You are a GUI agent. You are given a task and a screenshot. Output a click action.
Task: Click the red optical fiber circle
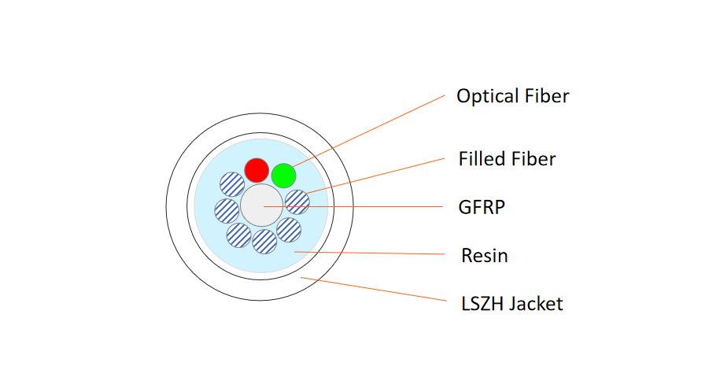tap(256, 169)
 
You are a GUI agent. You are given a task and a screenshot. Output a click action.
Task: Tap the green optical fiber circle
tap(283, 174)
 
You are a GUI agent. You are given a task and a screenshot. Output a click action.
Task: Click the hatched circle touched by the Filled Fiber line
tap(297, 202)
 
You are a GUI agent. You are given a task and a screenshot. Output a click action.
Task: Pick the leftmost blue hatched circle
tap(227, 210)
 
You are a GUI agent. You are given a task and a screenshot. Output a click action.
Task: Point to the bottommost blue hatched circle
tap(264, 242)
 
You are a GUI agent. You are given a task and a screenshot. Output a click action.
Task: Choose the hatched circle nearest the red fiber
tap(232, 184)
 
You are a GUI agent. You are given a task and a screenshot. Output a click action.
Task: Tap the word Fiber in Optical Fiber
tap(546, 97)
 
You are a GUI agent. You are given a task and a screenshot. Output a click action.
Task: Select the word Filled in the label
tap(482, 159)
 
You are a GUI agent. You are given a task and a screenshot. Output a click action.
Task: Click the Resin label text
tap(485, 256)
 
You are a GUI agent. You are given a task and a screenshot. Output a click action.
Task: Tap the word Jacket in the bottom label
tap(537, 303)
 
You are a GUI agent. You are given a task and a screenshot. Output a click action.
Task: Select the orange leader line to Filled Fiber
tap(378, 174)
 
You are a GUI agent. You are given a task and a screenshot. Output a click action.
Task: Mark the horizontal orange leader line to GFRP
tap(362, 206)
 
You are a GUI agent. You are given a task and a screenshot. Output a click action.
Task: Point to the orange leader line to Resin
tap(370, 253)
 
